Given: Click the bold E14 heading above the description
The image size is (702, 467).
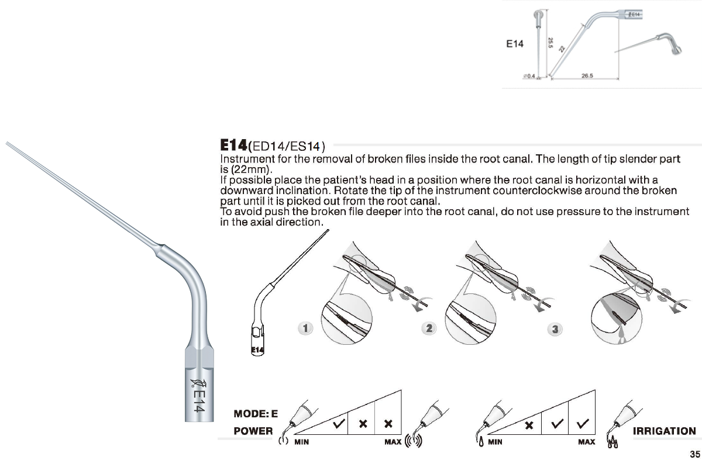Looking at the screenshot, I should pos(233,145).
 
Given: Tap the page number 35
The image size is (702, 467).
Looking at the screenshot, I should pos(694,454).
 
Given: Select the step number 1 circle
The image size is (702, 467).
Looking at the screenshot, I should pos(304,328).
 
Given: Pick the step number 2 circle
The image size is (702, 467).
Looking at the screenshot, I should pos(429,328).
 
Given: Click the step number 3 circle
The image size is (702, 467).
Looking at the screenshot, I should pos(555,330).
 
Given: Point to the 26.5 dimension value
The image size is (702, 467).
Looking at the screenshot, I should pos(588,75).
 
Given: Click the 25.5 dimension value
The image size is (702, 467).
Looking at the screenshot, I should pos(550,43).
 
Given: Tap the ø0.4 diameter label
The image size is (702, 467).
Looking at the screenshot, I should pos(529,77).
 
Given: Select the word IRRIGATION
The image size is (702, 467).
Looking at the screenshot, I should pos(665,431).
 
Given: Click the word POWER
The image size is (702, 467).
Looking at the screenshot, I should pos(253,431).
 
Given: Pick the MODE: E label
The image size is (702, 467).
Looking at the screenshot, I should pos(256,414).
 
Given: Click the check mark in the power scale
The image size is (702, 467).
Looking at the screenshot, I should pos(338,424).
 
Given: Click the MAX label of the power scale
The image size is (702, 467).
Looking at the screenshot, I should pos(393,442).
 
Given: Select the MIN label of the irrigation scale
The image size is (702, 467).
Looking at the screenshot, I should pos(495,442).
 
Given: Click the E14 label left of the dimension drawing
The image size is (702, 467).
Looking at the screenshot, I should pos(515,44).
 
